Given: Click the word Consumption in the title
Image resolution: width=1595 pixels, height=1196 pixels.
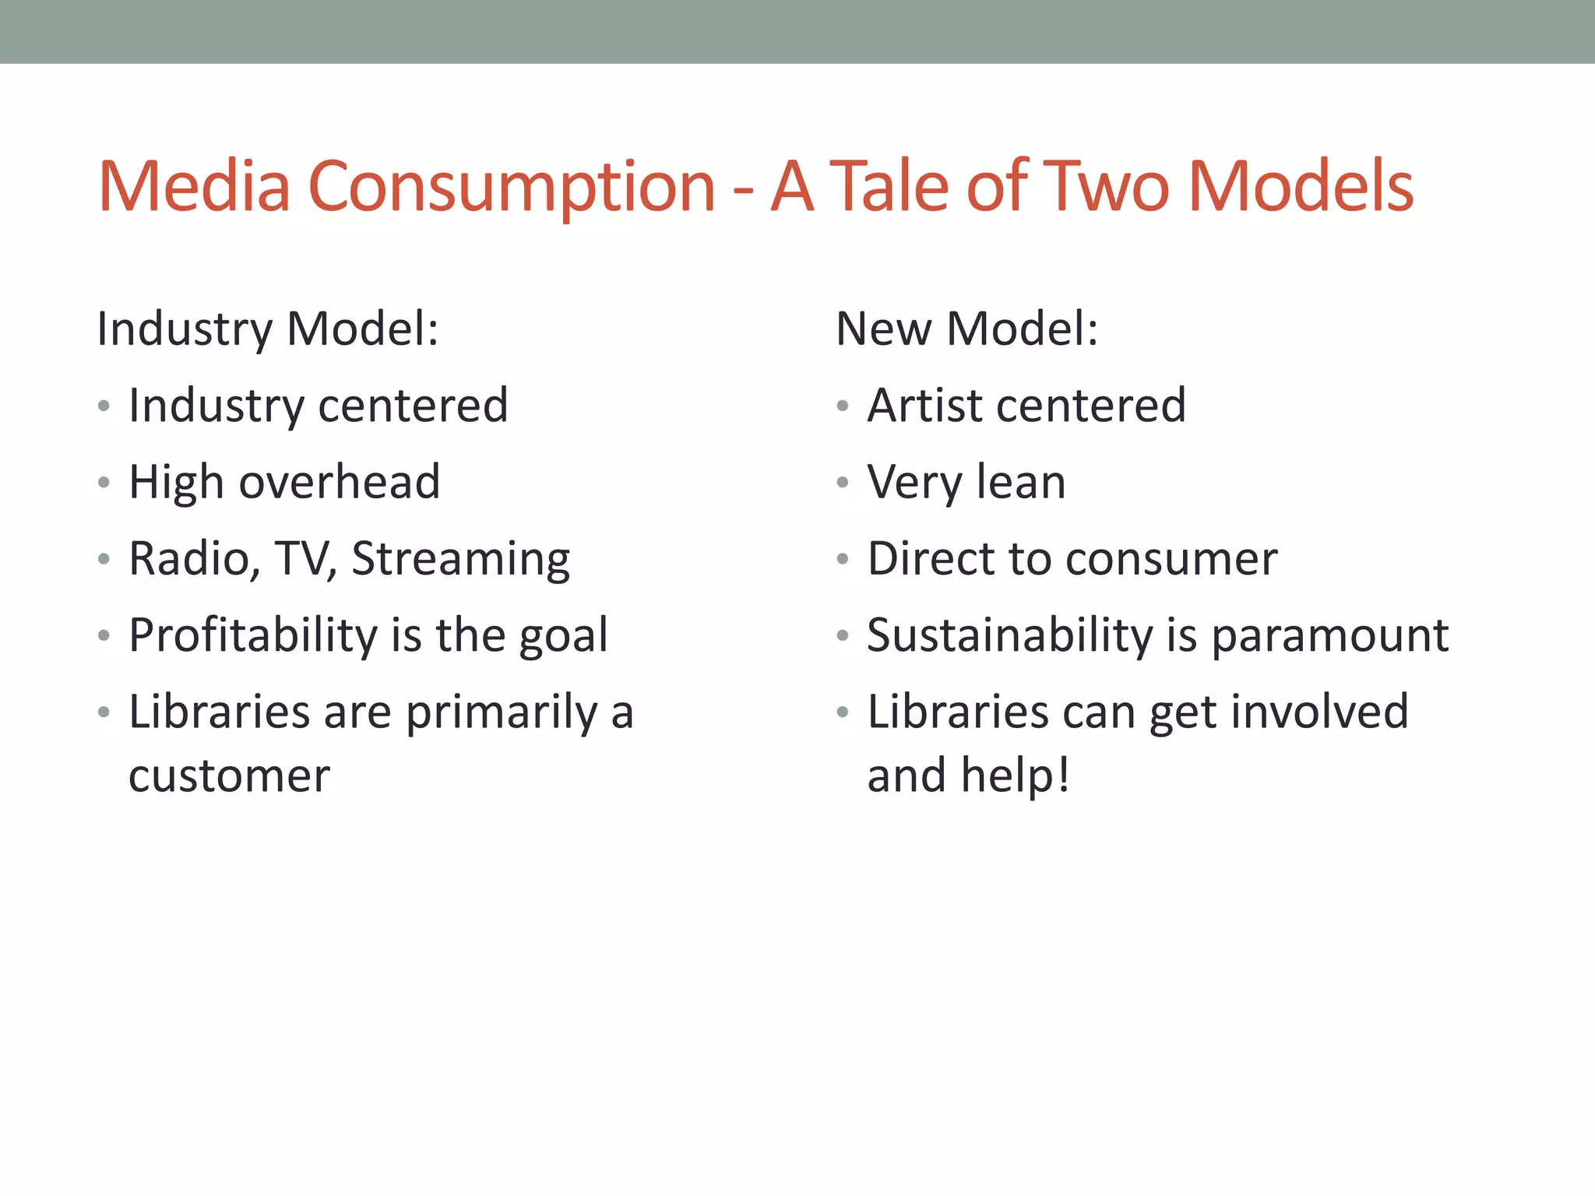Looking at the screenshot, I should coord(512,187).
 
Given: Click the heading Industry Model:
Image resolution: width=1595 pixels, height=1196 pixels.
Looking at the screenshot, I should coord(267,329).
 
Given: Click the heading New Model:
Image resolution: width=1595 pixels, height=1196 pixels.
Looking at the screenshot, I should coord(967,329).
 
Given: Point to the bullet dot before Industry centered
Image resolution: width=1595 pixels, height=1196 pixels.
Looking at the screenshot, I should coord(104,406).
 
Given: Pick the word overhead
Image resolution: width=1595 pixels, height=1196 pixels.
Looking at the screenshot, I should coord(340,481).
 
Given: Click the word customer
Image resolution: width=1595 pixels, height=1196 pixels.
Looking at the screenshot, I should coord(229,776).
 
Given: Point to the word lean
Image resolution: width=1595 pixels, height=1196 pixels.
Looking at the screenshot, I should coord(1020,482).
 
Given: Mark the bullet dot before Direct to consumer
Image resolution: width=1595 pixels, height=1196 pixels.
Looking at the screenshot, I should coord(842,559).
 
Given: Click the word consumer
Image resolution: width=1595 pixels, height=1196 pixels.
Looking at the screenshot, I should coord(1171,560).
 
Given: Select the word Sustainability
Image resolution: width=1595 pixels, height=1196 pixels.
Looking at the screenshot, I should coord(1009,635).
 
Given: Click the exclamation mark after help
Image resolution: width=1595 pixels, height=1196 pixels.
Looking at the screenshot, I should coord(1063,775).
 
